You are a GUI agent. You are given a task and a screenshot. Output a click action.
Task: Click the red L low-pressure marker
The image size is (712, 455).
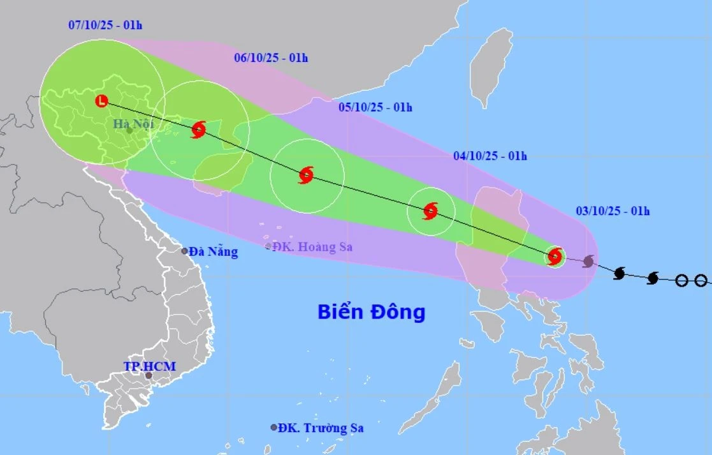101,101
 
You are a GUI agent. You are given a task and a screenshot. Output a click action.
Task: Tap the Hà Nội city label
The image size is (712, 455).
134,123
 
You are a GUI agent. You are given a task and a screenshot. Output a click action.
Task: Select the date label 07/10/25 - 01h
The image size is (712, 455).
105,26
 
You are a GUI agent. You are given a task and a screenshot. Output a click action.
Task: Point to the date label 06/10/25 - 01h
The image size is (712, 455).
271,58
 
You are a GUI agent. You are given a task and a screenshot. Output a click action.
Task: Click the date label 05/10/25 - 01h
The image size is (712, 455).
375,107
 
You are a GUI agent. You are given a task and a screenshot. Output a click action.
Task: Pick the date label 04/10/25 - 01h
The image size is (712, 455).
490,156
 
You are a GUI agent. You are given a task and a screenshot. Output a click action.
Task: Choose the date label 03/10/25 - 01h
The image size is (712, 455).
613,211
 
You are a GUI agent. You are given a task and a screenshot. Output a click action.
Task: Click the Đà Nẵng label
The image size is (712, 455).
214,252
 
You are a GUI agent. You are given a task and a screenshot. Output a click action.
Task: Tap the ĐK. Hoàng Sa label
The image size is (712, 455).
312,247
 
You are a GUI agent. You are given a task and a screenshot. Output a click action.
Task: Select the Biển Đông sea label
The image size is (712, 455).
371,313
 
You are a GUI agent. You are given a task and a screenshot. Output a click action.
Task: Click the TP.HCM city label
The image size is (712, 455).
149,366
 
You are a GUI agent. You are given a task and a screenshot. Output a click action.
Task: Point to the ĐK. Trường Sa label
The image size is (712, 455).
321,428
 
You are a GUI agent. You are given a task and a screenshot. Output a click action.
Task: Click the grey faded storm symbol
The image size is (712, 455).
588,261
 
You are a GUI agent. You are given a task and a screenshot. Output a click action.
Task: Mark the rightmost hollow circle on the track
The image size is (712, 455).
701,280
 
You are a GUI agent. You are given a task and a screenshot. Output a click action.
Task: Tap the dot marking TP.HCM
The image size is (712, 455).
149,376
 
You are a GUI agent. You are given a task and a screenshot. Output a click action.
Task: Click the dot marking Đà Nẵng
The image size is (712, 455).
184,251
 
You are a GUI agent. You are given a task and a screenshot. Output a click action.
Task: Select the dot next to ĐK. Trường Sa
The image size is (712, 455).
273,428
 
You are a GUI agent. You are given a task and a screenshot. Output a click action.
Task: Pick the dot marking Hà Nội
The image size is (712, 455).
129,130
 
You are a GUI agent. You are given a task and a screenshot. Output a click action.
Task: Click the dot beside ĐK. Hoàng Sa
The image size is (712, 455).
268,246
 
